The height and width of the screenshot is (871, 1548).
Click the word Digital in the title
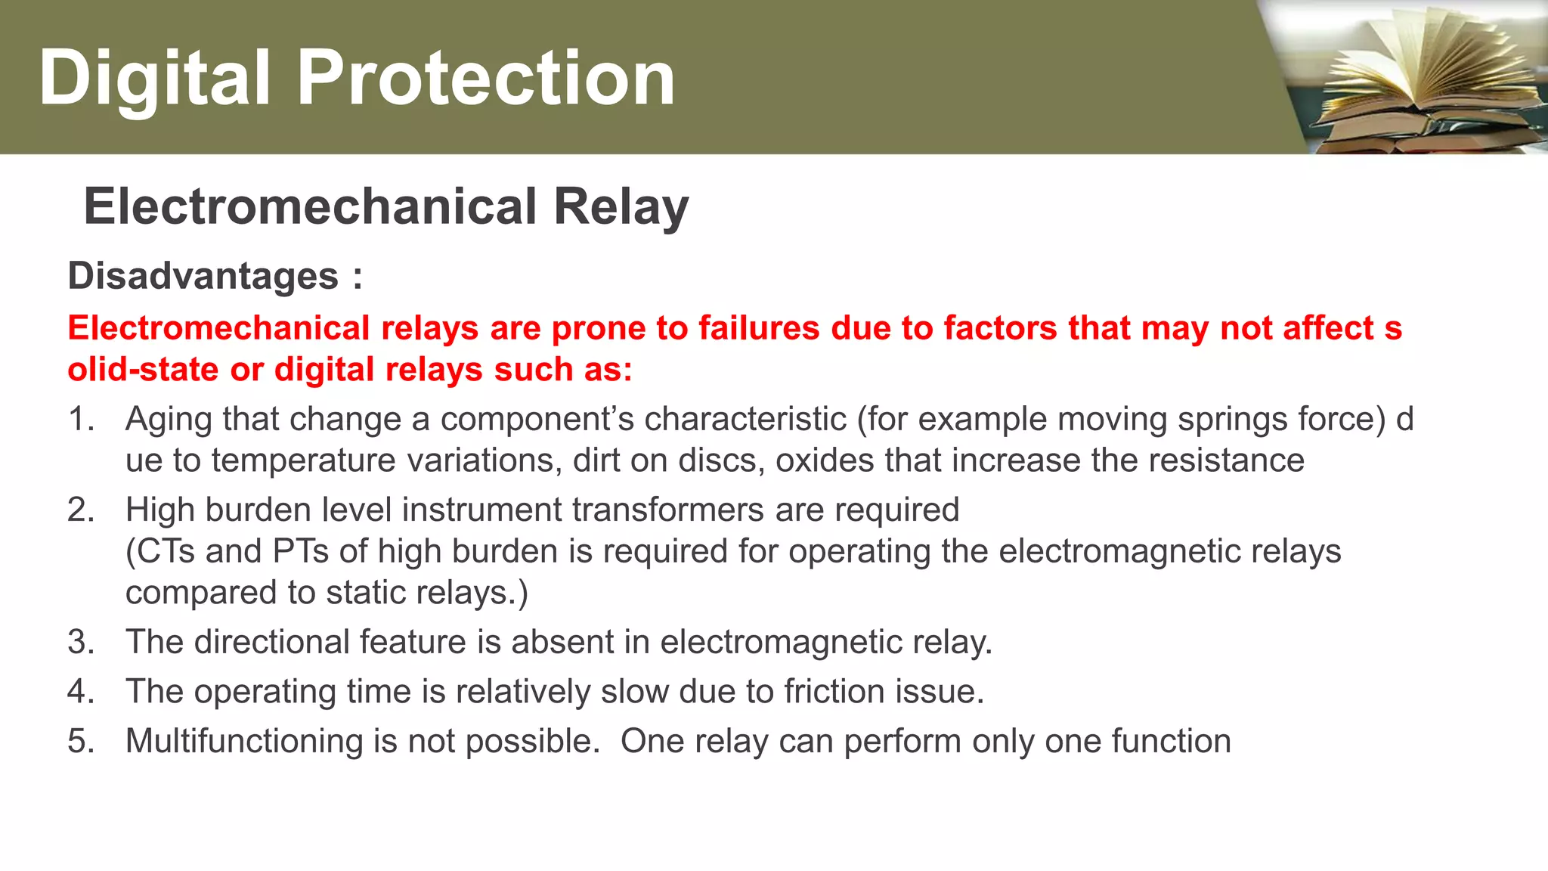click(x=154, y=78)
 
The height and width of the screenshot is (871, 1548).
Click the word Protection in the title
click(x=486, y=78)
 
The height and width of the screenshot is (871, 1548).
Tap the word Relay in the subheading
click(x=621, y=206)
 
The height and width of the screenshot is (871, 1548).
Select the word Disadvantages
click(x=203, y=276)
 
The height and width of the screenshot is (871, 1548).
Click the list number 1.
click(x=80, y=420)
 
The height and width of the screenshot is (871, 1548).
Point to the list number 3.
click(x=80, y=643)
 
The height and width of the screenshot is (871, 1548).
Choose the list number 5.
click(x=80, y=742)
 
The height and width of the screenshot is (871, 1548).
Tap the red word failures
click(x=758, y=329)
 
